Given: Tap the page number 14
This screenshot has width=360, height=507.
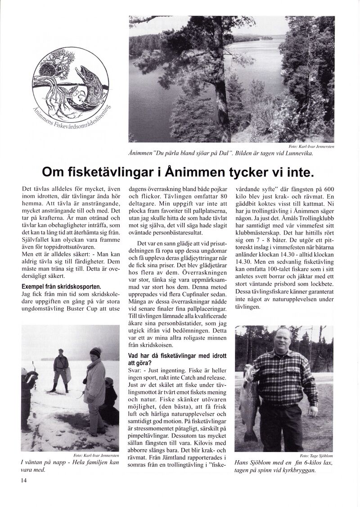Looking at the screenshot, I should pos(24,480).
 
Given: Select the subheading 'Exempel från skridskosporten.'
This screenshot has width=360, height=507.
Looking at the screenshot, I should pos(61,286).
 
